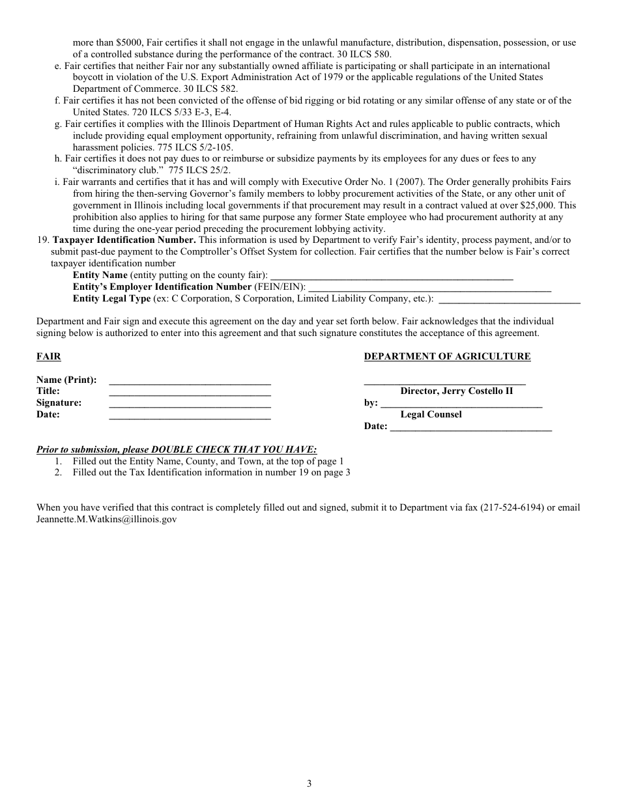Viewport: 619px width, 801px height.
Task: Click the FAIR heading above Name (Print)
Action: click(x=48, y=356)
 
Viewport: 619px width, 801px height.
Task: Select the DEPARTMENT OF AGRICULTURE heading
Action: click(x=447, y=356)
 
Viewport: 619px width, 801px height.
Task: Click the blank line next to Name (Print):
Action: click(x=190, y=381)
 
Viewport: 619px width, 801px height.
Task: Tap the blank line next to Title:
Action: click(x=190, y=393)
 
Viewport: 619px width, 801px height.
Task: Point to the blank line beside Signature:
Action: click(x=190, y=404)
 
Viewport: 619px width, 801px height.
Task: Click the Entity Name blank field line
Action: click(x=392, y=277)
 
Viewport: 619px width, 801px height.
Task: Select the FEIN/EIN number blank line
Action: click(x=429, y=288)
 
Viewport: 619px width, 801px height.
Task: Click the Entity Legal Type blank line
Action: click(x=510, y=300)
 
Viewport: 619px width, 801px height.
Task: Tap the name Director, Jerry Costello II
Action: click(x=456, y=391)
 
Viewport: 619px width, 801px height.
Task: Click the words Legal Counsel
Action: click(x=431, y=415)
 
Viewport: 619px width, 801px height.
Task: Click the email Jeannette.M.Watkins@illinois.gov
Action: click(x=106, y=520)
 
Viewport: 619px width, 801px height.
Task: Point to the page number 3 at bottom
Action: click(x=309, y=783)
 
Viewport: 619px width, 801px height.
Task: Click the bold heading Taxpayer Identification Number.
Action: click(x=124, y=240)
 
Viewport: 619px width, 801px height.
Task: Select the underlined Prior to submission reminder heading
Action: click(x=177, y=450)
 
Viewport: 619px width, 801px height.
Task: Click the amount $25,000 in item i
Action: click(x=539, y=205)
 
